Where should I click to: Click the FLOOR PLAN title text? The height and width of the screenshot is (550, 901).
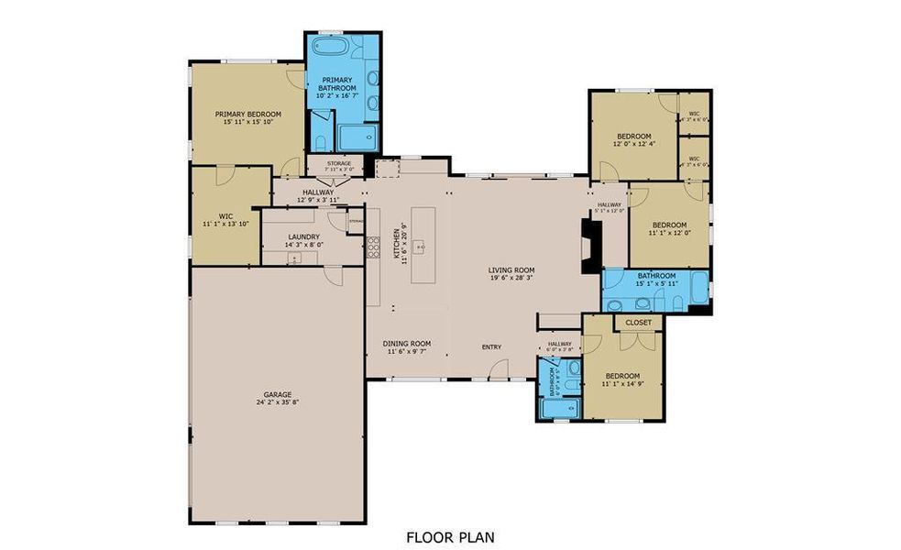[x=450, y=536]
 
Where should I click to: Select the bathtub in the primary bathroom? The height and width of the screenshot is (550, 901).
[x=329, y=48]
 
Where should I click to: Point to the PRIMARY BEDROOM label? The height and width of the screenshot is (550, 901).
[x=247, y=115]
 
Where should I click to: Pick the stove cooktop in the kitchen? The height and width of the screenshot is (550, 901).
[x=374, y=245]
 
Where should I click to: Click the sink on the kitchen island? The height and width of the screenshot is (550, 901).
[x=418, y=246]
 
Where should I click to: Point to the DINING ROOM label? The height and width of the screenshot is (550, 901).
[x=406, y=344]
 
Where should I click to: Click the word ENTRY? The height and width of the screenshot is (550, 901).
[x=492, y=346]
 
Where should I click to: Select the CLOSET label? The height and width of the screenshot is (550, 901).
[x=638, y=323]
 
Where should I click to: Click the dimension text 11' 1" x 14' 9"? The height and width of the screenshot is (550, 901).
[x=622, y=384]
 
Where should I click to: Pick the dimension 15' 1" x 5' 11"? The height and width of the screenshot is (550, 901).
[x=656, y=284]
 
